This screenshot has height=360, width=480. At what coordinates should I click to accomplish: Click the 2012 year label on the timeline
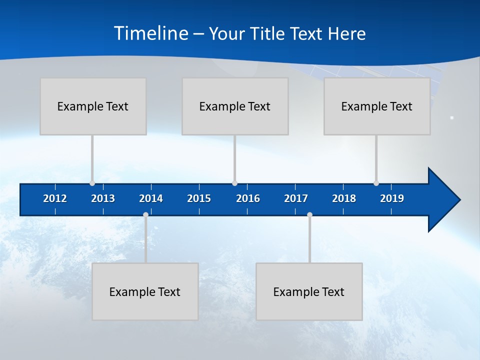(x=55, y=198)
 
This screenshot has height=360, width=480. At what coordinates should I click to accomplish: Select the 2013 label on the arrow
(x=103, y=198)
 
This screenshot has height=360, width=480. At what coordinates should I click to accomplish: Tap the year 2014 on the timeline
(x=151, y=198)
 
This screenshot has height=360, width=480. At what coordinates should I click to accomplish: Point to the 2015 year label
(x=199, y=198)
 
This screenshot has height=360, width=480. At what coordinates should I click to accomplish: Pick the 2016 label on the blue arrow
(x=248, y=198)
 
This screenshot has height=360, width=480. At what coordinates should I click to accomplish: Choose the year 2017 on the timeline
(x=296, y=198)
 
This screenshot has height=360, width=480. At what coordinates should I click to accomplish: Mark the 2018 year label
(x=344, y=198)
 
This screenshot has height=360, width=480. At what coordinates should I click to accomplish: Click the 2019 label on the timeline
(x=392, y=198)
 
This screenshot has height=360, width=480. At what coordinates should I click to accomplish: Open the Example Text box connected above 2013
(x=93, y=106)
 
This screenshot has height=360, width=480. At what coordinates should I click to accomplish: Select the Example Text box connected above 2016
(x=235, y=106)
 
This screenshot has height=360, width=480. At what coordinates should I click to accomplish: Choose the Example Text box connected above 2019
(x=377, y=106)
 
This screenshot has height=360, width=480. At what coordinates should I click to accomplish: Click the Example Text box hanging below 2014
(x=145, y=291)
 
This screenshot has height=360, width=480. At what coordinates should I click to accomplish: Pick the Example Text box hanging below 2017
(x=309, y=291)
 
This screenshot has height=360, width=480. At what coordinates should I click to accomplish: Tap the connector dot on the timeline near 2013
(x=92, y=183)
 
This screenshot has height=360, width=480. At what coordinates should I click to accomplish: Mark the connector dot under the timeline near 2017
(x=309, y=214)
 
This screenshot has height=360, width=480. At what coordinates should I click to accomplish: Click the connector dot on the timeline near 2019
(x=376, y=183)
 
